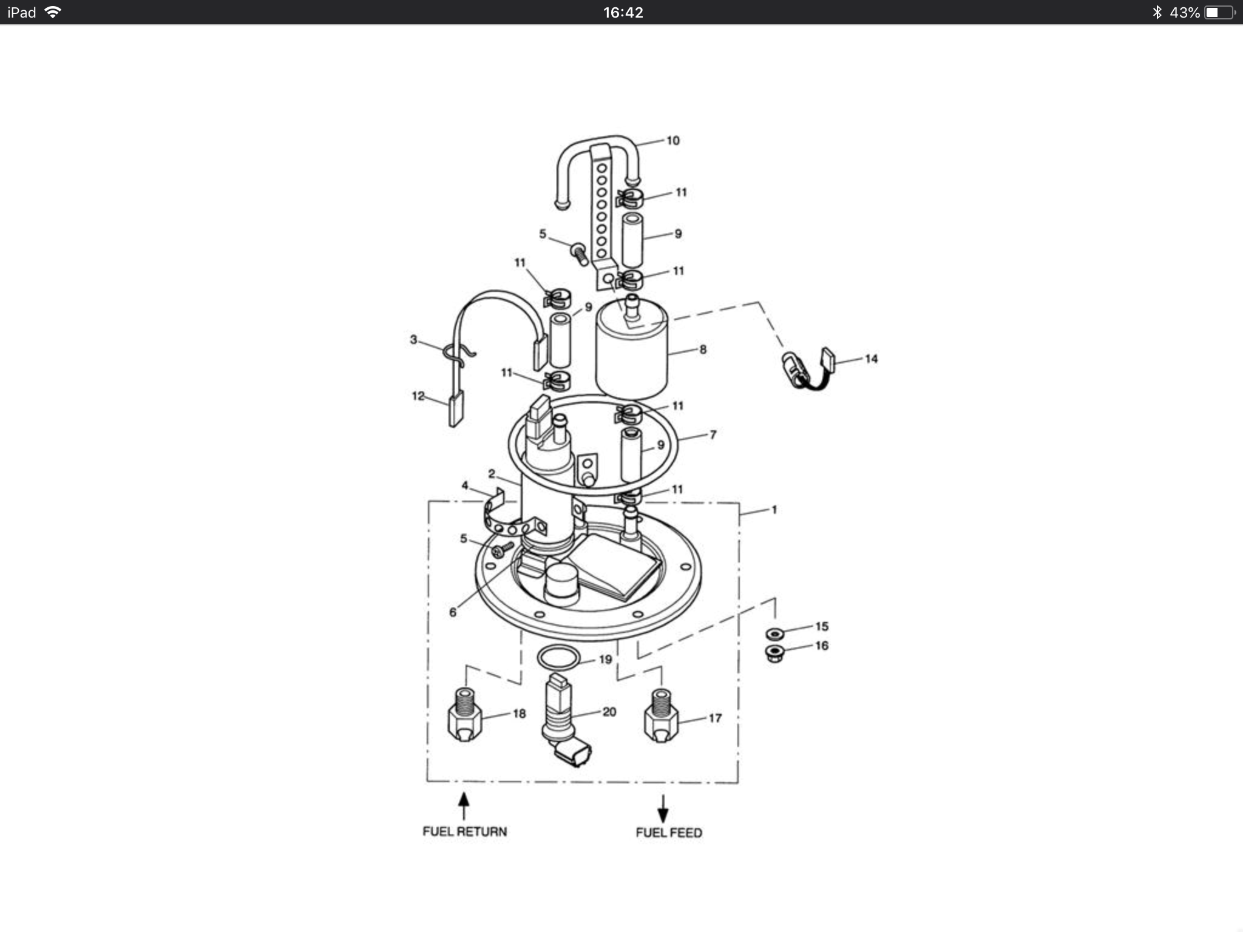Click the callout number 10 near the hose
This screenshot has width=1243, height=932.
(672, 141)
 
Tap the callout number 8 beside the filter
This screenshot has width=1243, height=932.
(703, 349)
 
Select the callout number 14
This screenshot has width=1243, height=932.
(871, 359)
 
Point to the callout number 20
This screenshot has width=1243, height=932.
(609, 712)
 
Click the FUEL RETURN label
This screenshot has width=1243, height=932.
(464, 831)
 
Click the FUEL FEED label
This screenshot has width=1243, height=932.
(669, 832)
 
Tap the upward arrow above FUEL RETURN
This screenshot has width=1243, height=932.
(464, 806)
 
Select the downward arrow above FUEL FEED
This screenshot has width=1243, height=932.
(663, 809)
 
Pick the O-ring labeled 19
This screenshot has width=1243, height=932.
(558, 657)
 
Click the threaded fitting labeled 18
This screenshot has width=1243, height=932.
(465, 716)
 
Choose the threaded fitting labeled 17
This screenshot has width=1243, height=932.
(661, 716)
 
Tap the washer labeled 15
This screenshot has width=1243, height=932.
(774, 634)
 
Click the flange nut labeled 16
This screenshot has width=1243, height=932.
(774, 653)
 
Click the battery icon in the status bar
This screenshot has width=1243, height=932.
(1219, 12)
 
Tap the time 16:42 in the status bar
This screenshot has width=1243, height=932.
(623, 12)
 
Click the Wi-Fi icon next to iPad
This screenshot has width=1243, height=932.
(53, 12)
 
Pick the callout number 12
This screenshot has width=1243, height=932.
(418, 396)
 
